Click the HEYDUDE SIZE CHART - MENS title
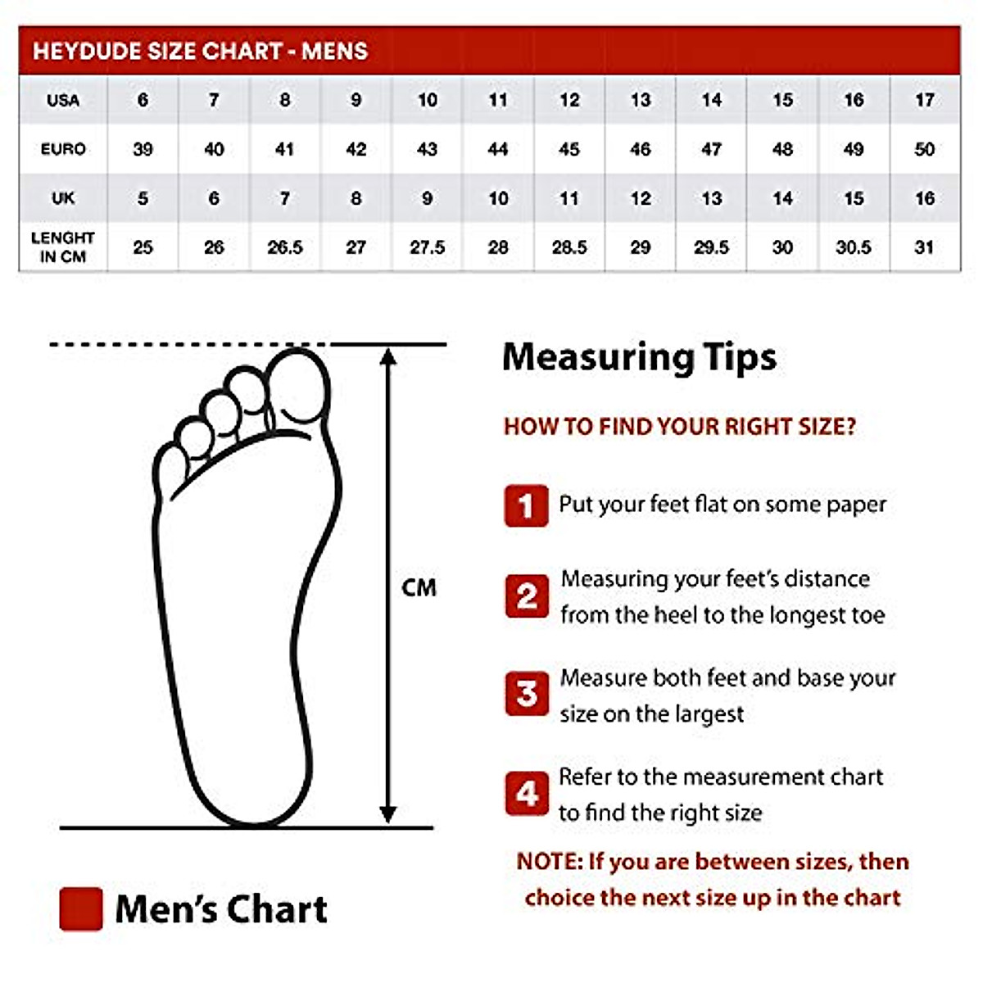[200, 51]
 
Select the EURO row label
[63, 149]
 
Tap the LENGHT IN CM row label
[63, 247]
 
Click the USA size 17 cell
[924, 100]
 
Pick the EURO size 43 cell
[427, 149]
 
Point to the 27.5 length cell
[427, 247]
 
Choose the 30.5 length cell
[853, 247]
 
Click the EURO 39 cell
[143, 149]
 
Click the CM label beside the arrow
[419, 587]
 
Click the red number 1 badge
[526, 505]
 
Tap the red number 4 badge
[526, 793]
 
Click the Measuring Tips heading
[639, 358]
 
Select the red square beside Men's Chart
[81, 908]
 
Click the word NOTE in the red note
[549, 862]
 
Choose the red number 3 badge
[526, 694]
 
